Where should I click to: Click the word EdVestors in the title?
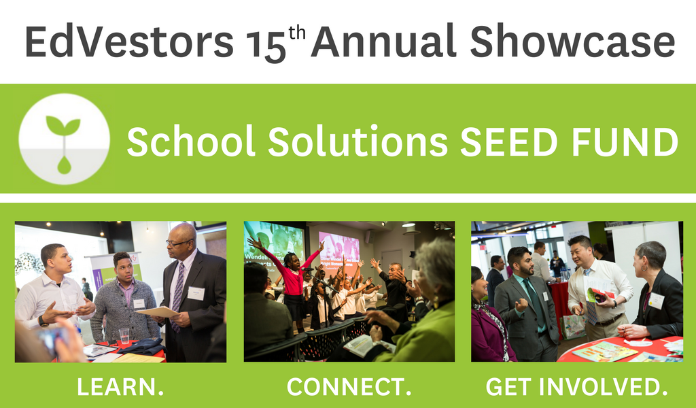tap(129, 41)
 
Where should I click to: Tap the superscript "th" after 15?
tap(297, 33)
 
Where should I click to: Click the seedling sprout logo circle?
tap(65, 139)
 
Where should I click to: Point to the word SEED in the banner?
tap(508, 142)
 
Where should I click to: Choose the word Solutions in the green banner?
tap(358, 141)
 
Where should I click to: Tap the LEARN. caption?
tap(120, 387)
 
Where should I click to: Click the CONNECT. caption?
tap(349, 387)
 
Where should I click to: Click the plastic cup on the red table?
tap(124, 336)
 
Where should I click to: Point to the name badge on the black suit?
tap(196, 293)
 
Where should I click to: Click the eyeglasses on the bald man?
tap(180, 243)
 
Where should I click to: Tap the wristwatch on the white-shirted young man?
tap(42, 320)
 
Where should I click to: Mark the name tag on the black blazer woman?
tap(656, 301)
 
